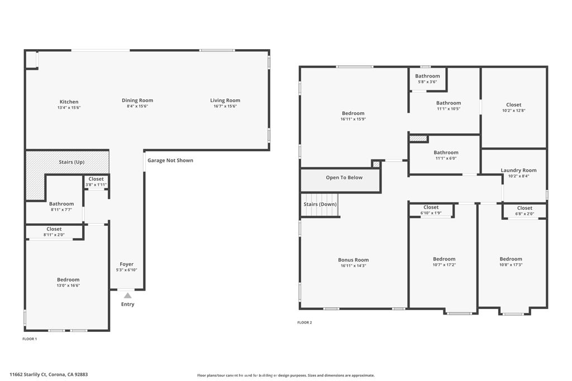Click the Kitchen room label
click(69, 102)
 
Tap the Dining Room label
click(137, 100)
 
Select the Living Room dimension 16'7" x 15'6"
click(225, 106)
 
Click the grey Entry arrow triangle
click(128, 296)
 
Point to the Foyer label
click(127, 264)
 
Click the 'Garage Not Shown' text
click(170, 161)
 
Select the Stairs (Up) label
click(71, 162)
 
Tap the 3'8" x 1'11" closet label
click(96, 182)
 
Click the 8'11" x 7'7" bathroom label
click(61, 207)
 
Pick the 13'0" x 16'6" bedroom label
click(68, 282)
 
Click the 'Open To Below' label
click(344, 178)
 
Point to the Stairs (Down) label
click(321, 205)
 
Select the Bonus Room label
click(354, 263)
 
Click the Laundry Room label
click(518, 173)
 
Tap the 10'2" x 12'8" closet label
click(514, 108)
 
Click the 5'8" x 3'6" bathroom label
click(427, 79)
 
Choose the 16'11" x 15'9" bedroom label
click(353, 116)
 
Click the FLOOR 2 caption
click(304, 322)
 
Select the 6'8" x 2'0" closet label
click(525, 210)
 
